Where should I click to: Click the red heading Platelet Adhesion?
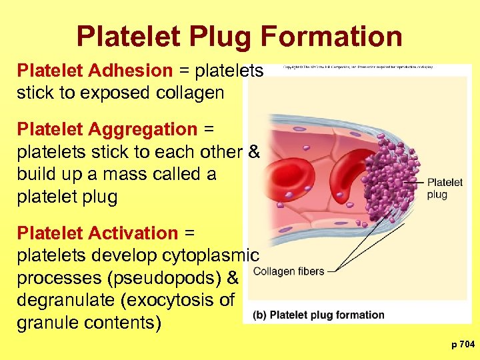coord(95,71)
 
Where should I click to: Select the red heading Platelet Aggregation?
coord(107,129)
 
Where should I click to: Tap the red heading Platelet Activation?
coord(97,233)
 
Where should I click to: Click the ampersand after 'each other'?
coord(253,151)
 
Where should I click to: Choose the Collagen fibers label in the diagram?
coord(289,271)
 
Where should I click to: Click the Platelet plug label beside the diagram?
coord(445,188)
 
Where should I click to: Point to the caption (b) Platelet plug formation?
coord(319,315)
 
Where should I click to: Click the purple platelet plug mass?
coord(393,177)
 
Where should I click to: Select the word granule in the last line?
coord(49,323)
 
